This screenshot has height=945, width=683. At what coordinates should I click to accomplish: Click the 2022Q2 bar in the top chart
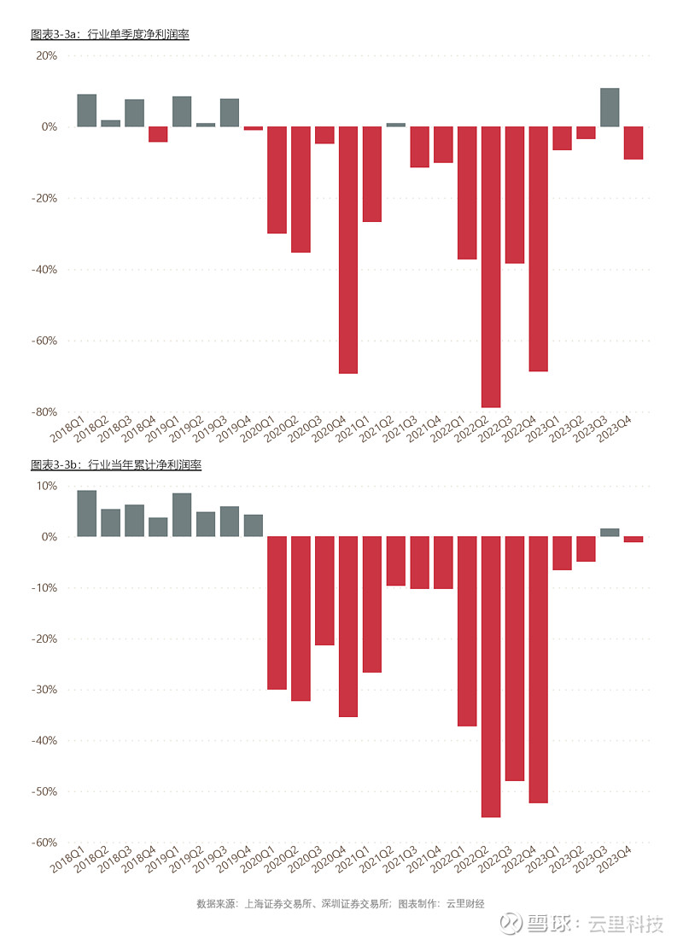click(x=491, y=266)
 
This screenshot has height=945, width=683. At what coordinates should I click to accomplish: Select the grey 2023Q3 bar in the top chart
click(x=610, y=108)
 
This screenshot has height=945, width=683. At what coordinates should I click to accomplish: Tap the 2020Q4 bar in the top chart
click(x=348, y=249)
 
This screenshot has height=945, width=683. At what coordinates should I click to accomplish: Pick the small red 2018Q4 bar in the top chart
click(x=158, y=134)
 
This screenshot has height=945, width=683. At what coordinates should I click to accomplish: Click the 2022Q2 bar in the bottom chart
click(x=491, y=676)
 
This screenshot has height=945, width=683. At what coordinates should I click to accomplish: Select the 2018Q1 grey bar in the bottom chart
click(x=87, y=513)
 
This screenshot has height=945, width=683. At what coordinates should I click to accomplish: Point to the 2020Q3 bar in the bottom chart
click(x=324, y=590)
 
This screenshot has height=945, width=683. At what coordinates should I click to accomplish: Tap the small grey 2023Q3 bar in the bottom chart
click(x=610, y=532)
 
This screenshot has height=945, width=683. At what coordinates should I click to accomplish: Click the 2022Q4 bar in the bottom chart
click(x=538, y=669)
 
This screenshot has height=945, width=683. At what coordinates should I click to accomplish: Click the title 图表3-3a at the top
click(x=109, y=35)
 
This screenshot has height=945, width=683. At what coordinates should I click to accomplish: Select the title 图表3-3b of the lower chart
click(x=115, y=465)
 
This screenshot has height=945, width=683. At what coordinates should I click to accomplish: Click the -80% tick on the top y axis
click(x=44, y=411)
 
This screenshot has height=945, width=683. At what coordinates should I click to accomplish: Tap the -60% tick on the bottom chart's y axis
click(x=44, y=842)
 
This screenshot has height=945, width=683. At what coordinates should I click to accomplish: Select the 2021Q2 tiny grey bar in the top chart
click(x=396, y=125)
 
